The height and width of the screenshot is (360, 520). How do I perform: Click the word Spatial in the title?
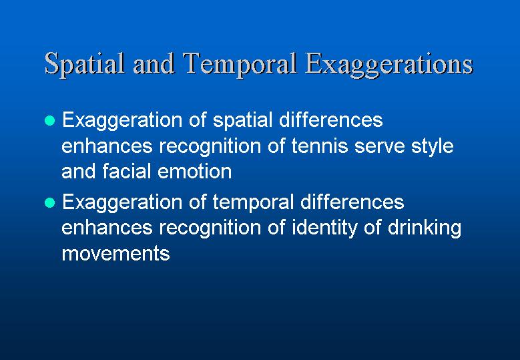point(84,65)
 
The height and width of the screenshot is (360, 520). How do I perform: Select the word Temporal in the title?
point(239,65)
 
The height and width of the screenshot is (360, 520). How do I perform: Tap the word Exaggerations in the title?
point(388,65)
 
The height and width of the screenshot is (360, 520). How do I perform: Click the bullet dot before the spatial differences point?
point(50,120)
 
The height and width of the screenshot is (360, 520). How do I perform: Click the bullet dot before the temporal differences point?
point(50,202)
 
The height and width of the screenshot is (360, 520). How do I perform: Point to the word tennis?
point(320,146)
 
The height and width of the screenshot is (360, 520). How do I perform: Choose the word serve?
point(379,147)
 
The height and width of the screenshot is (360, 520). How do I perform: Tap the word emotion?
point(194,172)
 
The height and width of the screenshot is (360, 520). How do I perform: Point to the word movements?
point(115,254)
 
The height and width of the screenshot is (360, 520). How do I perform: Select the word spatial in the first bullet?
point(242,121)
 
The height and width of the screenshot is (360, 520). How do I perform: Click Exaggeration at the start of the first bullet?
point(122,121)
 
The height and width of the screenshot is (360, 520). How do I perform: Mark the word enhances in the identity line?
point(107,228)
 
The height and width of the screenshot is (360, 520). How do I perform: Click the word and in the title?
point(154,64)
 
